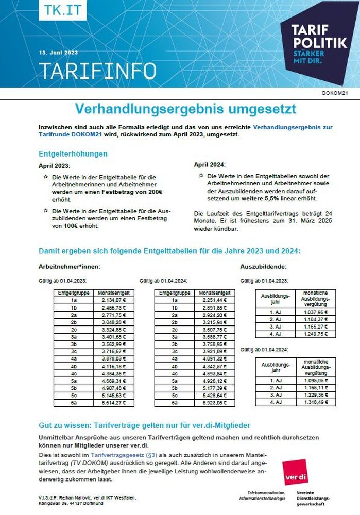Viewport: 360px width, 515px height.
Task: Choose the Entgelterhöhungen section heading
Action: (73, 153)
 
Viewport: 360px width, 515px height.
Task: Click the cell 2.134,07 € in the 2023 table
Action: (114, 300)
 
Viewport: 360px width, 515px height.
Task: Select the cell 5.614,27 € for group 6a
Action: (114, 402)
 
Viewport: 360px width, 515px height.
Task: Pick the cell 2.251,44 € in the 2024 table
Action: (215, 300)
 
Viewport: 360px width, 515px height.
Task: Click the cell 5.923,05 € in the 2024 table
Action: (215, 402)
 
